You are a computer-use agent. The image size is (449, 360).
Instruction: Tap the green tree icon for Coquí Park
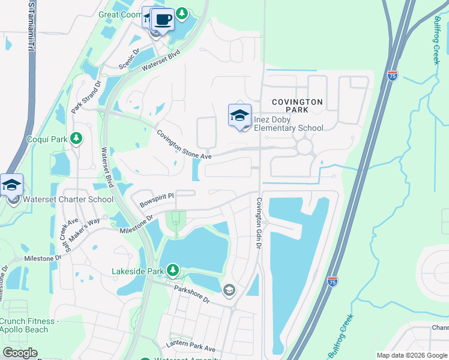(76, 139)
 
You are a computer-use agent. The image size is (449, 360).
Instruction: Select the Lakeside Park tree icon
(173, 271)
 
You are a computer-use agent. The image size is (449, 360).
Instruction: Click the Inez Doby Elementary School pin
(240, 115)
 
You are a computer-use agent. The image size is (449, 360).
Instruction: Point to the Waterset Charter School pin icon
(11, 185)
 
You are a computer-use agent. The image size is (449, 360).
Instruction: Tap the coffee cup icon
(163, 19)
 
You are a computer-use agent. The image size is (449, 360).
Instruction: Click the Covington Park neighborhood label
(297, 106)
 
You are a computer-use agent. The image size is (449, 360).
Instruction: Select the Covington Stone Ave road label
(185, 145)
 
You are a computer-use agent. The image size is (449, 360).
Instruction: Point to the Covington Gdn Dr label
(259, 221)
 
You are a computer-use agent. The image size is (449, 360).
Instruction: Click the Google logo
(20, 353)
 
